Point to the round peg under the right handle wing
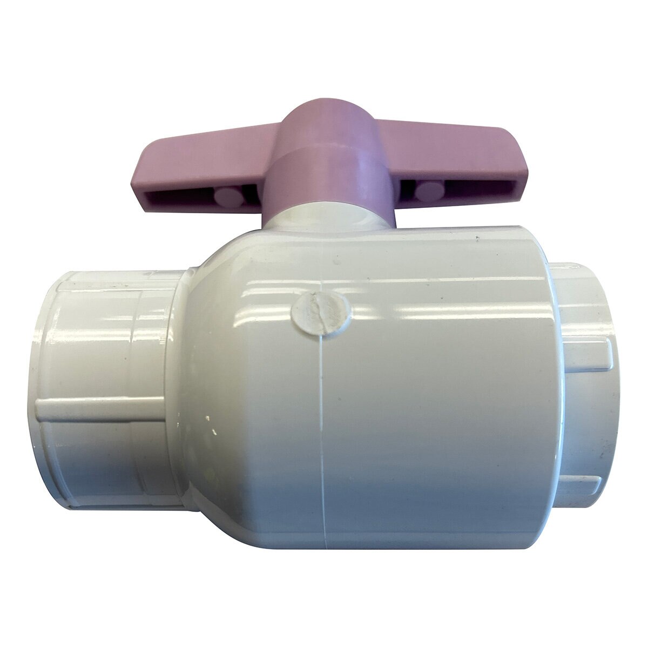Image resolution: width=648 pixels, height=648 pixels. (x=429, y=190)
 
